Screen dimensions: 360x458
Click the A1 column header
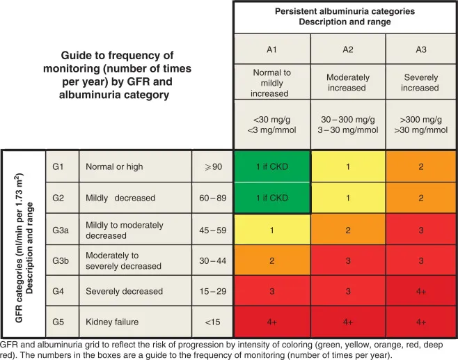point(271,49)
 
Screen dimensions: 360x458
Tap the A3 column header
point(420,49)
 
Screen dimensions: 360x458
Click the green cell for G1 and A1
point(271,167)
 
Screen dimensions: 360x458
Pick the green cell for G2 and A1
point(271,198)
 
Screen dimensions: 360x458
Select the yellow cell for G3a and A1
point(271,229)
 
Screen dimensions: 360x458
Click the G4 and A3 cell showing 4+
point(420,291)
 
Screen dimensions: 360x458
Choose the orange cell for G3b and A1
point(271,260)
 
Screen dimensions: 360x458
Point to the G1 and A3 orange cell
point(420,167)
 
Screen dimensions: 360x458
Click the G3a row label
point(62,229)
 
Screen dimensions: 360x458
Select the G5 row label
point(62,322)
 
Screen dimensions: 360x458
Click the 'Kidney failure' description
point(112,322)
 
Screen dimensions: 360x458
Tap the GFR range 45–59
point(212,229)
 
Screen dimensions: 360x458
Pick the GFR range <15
point(212,322)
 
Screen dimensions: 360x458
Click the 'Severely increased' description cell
point(420,82)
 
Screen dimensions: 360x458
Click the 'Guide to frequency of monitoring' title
point(117,75)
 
